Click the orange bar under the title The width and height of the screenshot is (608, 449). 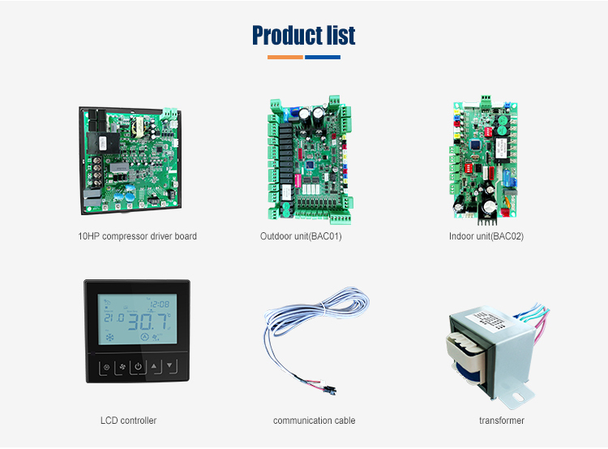click(285, 58)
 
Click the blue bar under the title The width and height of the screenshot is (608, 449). click(323, 58)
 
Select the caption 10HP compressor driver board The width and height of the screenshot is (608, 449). click(137, 236)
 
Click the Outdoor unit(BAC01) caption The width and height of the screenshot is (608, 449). click(301, 236)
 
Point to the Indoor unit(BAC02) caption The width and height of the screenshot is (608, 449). click(486, 236)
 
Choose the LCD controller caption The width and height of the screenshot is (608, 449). click(128, 421)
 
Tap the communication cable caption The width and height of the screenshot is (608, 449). click(314, 421)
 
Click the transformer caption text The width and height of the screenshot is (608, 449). click(502, 421)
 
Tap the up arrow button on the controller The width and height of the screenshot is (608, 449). click(155, 366)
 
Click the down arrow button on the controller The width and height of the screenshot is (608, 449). click(170, 366)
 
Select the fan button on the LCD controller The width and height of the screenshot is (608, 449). click(122, 367)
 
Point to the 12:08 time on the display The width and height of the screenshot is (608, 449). click(160, 304)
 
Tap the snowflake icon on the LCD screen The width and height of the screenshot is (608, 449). click(110, 337)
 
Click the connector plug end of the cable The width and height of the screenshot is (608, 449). click(330, 390)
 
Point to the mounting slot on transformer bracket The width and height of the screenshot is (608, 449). click(518, 397)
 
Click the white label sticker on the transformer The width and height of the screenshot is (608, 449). click(487, 320)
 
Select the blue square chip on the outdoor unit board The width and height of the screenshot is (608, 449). click(310, 165)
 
